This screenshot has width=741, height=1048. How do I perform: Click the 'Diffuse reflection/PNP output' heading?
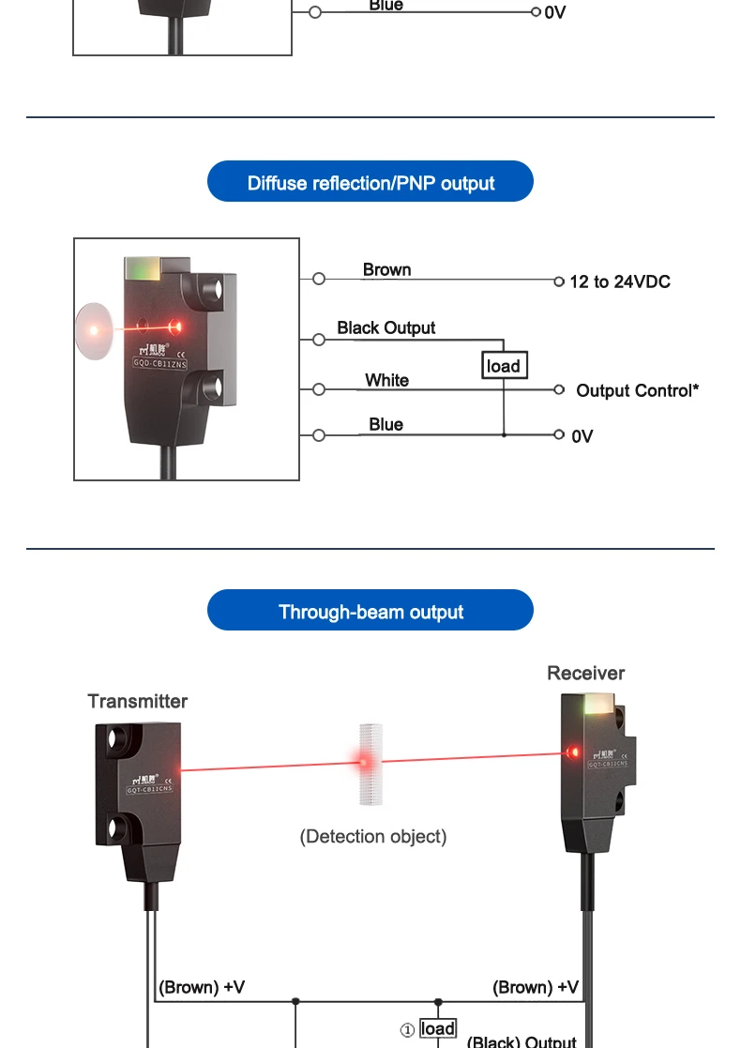pos(370,183)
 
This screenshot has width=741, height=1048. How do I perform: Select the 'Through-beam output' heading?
pos(370,613)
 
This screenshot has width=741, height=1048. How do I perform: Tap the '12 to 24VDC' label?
pos(619,281)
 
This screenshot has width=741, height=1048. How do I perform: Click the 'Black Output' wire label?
pos(386,327)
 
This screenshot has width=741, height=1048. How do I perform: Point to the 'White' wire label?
pos(386,380)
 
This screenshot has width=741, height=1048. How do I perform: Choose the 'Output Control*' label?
pos(637,390)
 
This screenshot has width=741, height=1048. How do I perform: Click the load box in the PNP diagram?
pos(504,366)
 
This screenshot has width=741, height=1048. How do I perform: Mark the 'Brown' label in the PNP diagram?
pos(386,270)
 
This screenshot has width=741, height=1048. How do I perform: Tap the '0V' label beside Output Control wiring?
pos(582,436)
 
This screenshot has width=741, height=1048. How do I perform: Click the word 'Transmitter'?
pos(137,701)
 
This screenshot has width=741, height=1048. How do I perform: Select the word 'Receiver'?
pos(585,673)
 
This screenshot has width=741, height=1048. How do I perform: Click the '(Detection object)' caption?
pos(372,836)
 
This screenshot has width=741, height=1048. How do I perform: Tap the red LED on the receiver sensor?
pos(573,752)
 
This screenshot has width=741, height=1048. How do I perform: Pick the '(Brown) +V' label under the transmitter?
pos(202,987)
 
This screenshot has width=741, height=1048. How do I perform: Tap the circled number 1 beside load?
pos(408,1029)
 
